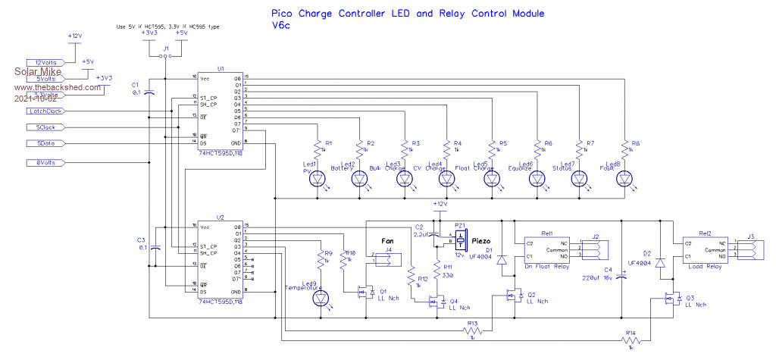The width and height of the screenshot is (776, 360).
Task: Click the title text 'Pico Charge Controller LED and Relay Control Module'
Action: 407,14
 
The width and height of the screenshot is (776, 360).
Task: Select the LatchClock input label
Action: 45,111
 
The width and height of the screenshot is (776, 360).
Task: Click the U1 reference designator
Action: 221,68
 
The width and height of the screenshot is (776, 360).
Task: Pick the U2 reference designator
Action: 221,217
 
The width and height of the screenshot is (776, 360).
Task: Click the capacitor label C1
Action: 136,84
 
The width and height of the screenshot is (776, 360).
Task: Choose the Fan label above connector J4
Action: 386,240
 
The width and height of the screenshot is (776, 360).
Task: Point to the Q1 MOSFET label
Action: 382,290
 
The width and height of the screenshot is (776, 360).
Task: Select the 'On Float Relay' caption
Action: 547,266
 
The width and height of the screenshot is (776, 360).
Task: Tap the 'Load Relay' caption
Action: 705,266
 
